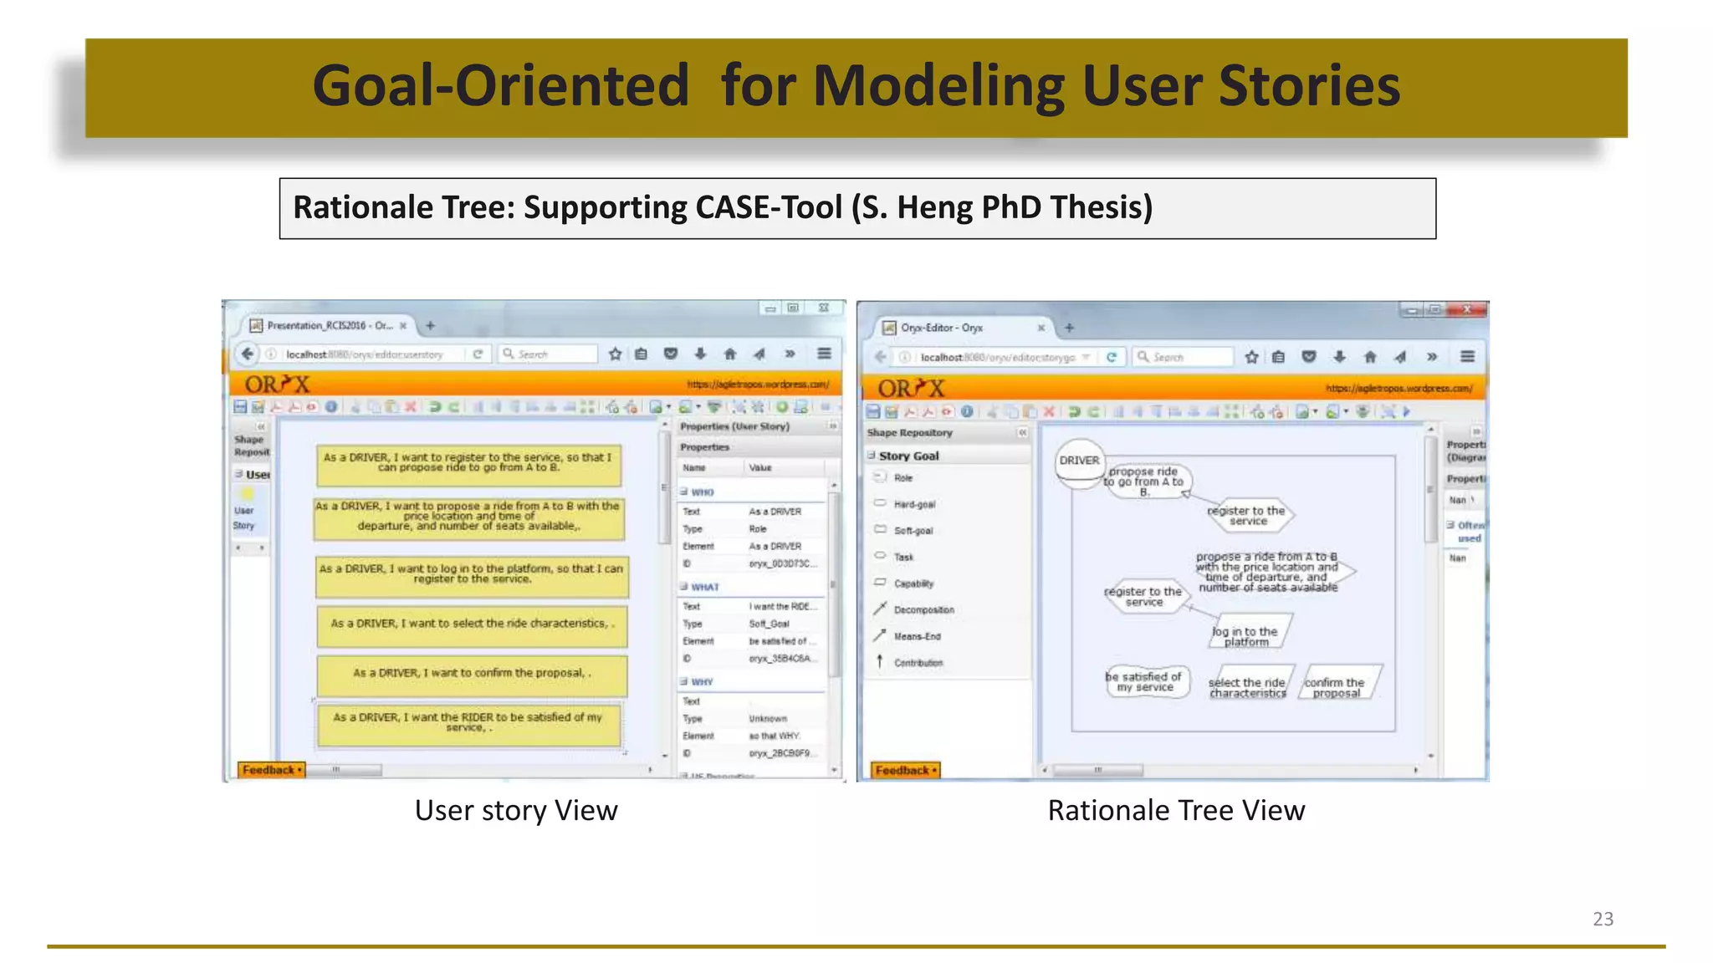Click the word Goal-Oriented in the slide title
point(500,86)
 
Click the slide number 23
point(1603,919)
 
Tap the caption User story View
point(515,810)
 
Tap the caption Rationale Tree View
point(1175,810)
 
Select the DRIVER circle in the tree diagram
point(1079,461)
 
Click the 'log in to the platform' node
point(1245,636)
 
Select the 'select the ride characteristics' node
point(1247,687)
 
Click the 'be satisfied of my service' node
point(1143,682)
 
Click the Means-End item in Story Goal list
point(917,636)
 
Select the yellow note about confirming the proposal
point(471,674)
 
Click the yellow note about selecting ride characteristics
point(471,624)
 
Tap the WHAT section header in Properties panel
point(704,587)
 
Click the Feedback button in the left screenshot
point(271,770)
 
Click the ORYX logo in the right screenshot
point(911,389)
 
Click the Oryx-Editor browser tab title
point(941,328)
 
